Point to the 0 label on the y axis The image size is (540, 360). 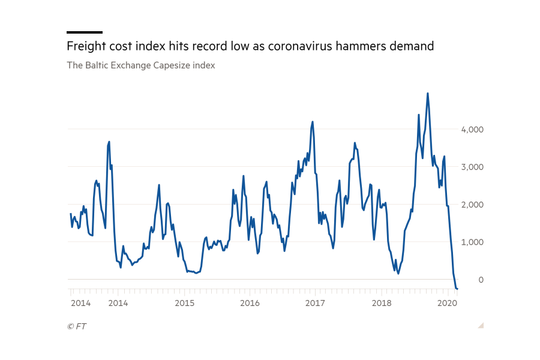click(480, 280)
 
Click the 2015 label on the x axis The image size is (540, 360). click(185, 303)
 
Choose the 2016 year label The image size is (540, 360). click(250, 303)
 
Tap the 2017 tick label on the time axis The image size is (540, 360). click(315, 303)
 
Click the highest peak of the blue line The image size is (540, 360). click(427, 94)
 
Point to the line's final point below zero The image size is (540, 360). click(457, 289)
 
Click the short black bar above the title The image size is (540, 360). click(85, 32)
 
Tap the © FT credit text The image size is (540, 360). click(76, 326)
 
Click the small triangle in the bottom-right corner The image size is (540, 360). click(481, 325)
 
